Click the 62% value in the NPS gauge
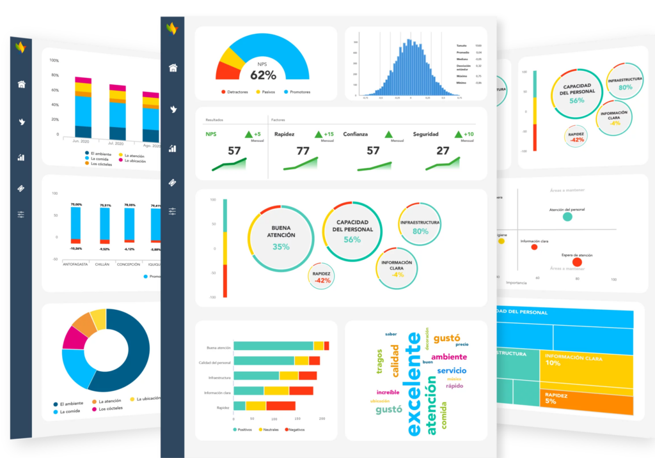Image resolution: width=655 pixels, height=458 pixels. pyautogui.click(x=263, y=75)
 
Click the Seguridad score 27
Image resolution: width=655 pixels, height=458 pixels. pyautogui.click(x=443, y=151)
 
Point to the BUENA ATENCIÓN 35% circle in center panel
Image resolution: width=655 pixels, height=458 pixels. pyautogui.click(x=280, y=237)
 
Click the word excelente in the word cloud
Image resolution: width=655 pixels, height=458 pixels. pyautogui.click(x=414, y=383)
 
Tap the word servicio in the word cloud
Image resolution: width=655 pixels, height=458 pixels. pyautogui.click(x=452, y=370)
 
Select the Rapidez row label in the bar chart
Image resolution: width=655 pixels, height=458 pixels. pyautogui.click(x=223, y=407)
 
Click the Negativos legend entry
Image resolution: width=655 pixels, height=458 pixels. pyautogui.click(x=293, y=430)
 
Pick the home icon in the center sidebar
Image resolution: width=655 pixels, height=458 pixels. pyautogui.click(x=173, y=68)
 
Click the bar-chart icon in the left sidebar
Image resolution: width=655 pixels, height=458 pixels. pyautogui.click(x=21, y=157)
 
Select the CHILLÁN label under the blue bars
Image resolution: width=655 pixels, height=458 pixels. pyautogui.click(x=103, y=263)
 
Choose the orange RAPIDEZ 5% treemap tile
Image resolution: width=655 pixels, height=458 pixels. pyautogui.click(x=585, y=399)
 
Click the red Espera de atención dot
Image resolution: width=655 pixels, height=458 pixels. pyautogui.click(x=577, y=262)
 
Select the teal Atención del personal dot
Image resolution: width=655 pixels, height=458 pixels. pyautogui.click(x=567, y=217)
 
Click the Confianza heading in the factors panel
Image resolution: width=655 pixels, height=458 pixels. pyautogui.click(x=359, y=134)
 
